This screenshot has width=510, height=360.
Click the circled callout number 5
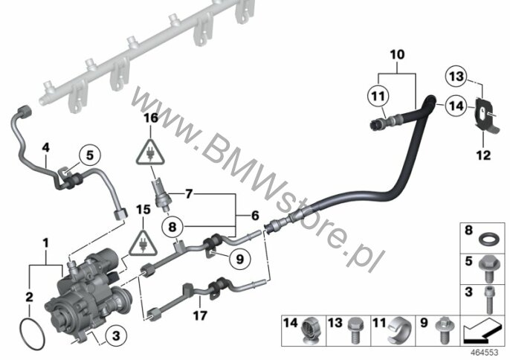(89, 155)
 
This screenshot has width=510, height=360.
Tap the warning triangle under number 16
(150, 152)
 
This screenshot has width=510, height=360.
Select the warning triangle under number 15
(143, 243)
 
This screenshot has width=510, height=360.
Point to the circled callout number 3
(116, 335)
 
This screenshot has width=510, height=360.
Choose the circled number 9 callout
(239, 259)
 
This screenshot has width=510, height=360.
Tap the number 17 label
(200, 315)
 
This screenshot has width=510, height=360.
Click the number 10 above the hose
(397, 55)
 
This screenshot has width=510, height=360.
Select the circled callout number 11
(378, 97)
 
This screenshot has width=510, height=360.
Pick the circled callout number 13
(456, 77)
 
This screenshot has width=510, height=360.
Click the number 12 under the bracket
(483, 155)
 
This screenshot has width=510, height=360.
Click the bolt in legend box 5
(487, 269)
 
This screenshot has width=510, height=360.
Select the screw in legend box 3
(488, 298)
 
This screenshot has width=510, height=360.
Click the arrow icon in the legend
(482, 332)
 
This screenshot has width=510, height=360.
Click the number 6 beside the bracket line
(255, 216)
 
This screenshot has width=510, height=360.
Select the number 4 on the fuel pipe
(46, 148)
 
